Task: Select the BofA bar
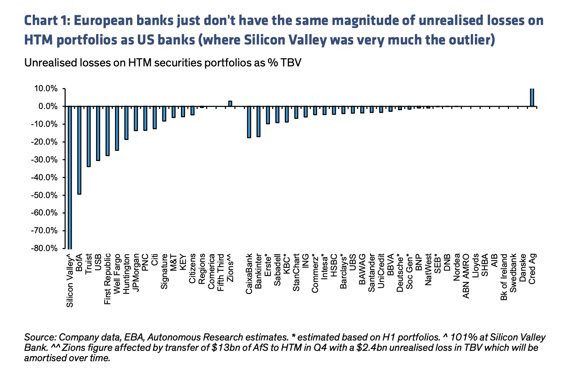pos(79,150)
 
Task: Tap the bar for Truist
pos(89,137)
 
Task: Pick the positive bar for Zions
pos(230,104)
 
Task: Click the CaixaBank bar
pos(249,122)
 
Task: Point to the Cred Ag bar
pos(532,97)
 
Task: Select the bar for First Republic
pos(108,131)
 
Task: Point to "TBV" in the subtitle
pos(290,63)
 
